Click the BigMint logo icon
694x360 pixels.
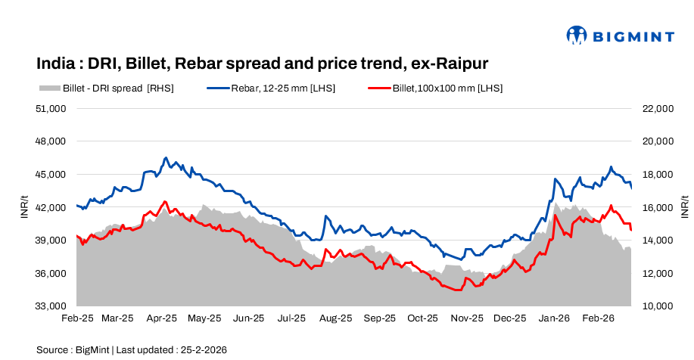pos(577,35)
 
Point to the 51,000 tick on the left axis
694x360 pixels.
pos(51,108)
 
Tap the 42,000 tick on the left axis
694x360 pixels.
pos(51,207)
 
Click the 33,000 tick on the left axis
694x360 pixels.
pos(51,306)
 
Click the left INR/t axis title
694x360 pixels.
pos(24,206)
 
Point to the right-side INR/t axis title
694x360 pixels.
pos(683,206)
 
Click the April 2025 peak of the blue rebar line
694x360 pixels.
pos(166,158)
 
